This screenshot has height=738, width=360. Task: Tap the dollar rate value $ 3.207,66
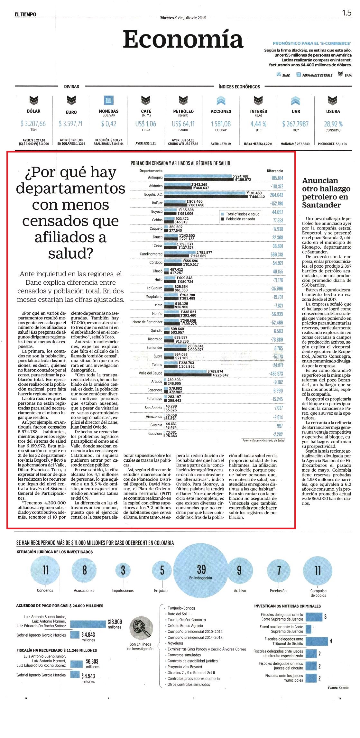[33, 124]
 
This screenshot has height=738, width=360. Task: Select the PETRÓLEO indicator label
[183, 111]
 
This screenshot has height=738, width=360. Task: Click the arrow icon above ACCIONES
[221, 101]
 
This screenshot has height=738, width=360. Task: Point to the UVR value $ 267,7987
[295, 124]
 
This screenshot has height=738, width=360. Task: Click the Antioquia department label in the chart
[155, 178]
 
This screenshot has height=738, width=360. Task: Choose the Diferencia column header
[275, 171]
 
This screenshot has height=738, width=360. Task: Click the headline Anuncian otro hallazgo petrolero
[326, 193]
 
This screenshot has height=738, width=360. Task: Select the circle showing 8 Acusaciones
[84, 570]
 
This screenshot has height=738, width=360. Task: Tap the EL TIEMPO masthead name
[25, 14]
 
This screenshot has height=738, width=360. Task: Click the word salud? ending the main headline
[70, 254]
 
